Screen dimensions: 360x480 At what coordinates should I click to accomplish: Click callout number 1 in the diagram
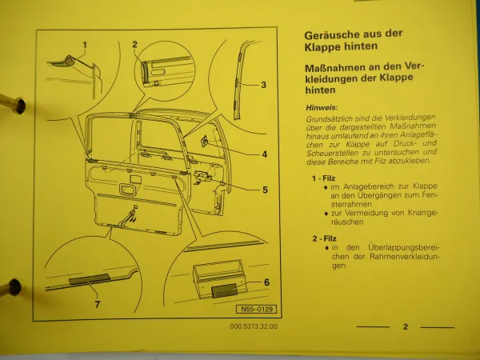[85, 45]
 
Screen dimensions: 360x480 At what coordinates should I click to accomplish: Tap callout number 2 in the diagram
[135, 45]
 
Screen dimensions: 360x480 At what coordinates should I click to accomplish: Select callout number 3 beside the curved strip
[263, 84]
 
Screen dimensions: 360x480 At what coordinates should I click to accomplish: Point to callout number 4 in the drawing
[264, 154]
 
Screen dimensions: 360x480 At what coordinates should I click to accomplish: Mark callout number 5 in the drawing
[265, 190]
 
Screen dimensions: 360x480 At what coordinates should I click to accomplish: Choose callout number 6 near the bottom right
[266, 282]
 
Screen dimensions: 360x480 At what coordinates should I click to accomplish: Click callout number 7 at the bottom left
[98, 305]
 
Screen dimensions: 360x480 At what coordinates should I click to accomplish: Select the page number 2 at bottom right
[406, 326]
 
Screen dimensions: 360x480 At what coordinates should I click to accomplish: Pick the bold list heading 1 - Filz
[325, 178]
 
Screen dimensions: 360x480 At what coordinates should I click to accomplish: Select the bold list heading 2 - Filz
[325, 238]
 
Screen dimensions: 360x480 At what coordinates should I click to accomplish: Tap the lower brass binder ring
[11, 284]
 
